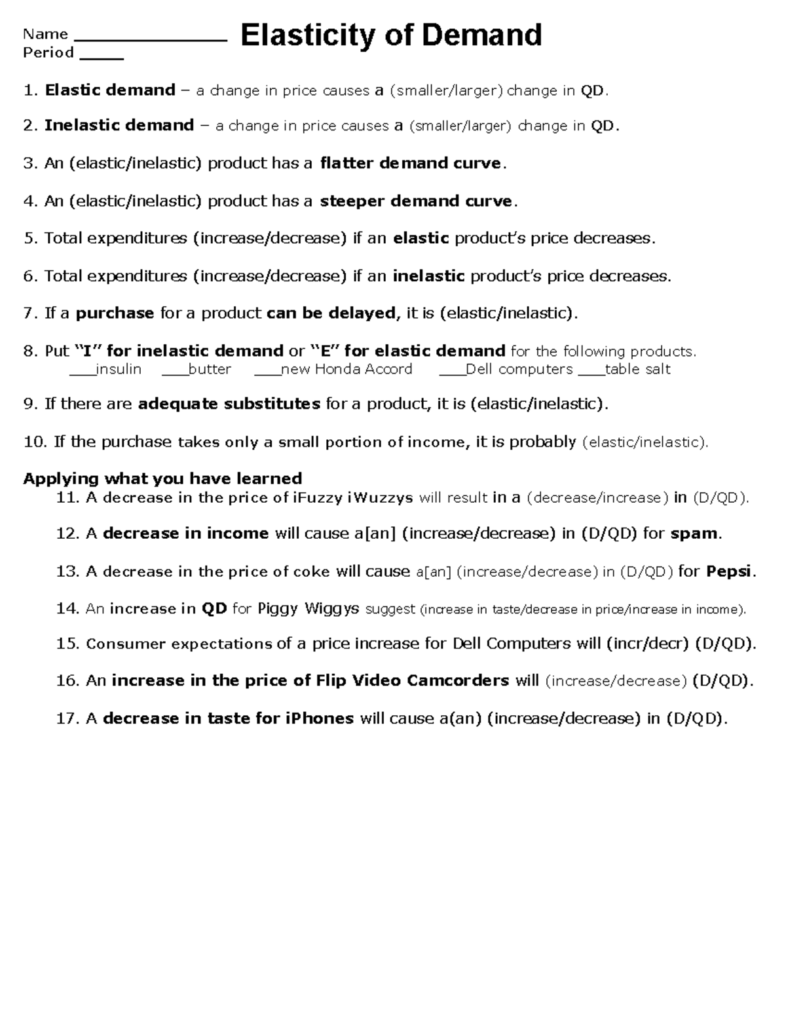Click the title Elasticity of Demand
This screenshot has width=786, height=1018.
click(x=391, y=36)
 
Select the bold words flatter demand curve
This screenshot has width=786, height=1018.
click(x=411, y=163)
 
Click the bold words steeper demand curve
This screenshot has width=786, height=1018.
click(x=416, y=201)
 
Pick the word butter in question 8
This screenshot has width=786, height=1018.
click(x=210, y=370)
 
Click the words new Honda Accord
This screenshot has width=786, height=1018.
click(x=346, y=370)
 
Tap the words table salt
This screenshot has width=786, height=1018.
click(x=637, y=370)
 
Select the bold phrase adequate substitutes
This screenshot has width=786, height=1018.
click(x=229, y=404)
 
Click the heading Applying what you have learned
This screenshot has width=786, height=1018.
click(x=162, y=479)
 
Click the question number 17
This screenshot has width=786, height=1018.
click(x=67, y=719)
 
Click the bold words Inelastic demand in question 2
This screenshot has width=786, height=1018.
click(x=119, y=126)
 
